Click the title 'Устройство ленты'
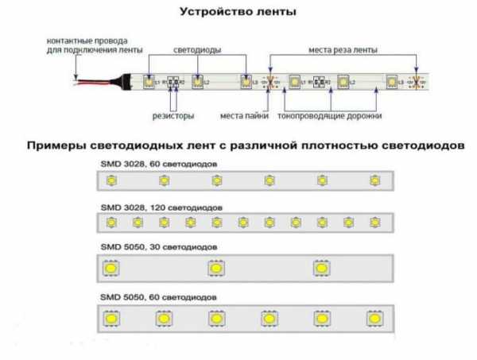point(238,13)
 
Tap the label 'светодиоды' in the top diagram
point(197,49)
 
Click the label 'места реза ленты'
point(343,49)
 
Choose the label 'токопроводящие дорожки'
point(330,116)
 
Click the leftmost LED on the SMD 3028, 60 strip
point(111,181)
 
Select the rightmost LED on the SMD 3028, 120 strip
point(373,223)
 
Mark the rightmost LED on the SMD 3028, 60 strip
point(374,181)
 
